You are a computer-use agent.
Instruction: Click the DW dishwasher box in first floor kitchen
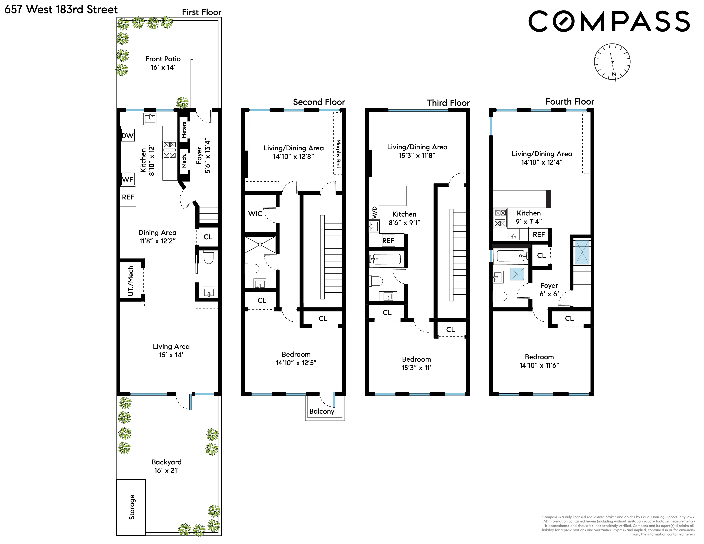pyautogui.click(x=127, y=136)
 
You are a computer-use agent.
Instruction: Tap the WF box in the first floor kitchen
pyautogui.click(x=128, y=179)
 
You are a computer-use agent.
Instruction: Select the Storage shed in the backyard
pyautogui.click(x=131, y=507)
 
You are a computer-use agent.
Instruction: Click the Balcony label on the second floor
pyautogui.click(x=322, y=412)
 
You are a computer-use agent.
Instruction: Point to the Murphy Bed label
pyautogui.click(x=338, y=154)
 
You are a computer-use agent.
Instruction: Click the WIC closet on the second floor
pyautogui.click(x=255, y=214)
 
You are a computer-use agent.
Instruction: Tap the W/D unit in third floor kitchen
pyautogui.click(x=374, y=213)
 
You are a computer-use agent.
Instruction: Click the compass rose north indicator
pyautogui.click(x=614, y=74)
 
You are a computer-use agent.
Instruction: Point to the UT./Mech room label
pyautogui.click(x=131, y=281)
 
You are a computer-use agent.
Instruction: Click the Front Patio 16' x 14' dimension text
pyautogui.click(x=163, y=67)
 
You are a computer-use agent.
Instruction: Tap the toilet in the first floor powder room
pyautogui.click(x=209, y=257)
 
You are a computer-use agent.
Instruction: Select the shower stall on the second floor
pyautogui.click(x=260, y=245)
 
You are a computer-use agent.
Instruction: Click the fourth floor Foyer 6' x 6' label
pyautogui.click(x=549, y=290)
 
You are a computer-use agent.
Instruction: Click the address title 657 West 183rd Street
pyautogui.click(x=61, y=9)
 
